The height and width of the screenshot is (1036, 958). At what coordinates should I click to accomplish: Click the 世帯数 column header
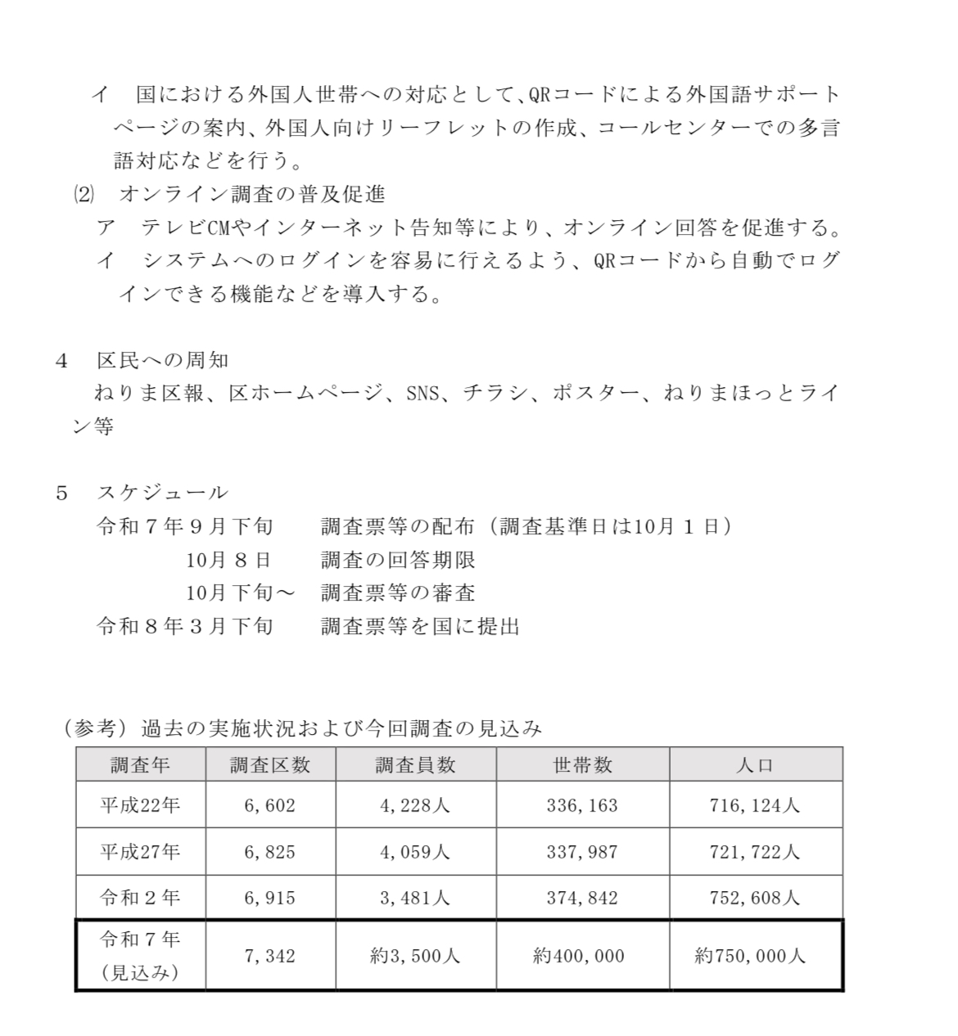pos(582,765)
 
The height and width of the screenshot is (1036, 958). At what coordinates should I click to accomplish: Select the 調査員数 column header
pos(415,765)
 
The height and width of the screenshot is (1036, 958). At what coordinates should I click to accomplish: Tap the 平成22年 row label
pos(140,805)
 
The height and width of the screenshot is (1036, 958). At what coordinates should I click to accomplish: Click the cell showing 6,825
pos(269,852)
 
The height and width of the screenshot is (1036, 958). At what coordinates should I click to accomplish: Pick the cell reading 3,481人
pos(415,898)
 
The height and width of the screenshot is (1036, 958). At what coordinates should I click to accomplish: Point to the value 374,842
pos(582,898)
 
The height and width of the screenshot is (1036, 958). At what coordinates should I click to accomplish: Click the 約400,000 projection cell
pos(579,956)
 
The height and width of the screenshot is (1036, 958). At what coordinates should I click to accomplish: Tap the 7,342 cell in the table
pos(269,956)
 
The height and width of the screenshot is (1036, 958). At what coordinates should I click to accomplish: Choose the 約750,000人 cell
pos(751,956)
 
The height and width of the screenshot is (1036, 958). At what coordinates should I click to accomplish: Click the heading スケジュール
pos(162,493)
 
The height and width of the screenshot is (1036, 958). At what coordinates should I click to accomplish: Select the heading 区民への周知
pos(162,361)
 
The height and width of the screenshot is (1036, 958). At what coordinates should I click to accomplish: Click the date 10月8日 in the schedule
pos(228,561)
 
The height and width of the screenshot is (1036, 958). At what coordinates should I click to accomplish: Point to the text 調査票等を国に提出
pos(421,627)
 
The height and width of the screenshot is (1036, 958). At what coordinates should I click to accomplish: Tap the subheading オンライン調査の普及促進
pos(252,194)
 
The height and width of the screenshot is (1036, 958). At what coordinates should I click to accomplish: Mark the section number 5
pos(61,493)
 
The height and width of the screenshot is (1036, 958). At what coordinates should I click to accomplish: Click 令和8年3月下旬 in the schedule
pos(184,627)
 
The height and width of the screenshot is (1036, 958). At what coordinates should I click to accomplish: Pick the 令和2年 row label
pos(140,898)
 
